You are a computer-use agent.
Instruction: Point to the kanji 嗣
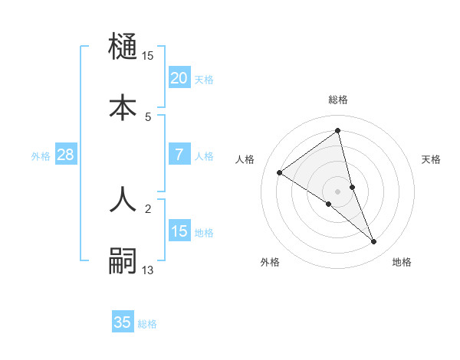point(123,260)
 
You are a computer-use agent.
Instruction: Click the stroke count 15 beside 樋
point(148,55)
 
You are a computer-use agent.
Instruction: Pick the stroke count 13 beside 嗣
point(148,270)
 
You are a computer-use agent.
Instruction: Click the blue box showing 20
point(179,77)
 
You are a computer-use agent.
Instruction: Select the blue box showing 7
point(179,154)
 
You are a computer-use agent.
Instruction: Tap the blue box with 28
point(65,155)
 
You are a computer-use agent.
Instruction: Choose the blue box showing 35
point(123,322)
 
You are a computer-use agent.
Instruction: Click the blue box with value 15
point(179,231)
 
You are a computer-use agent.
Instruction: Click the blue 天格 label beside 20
point(204,79)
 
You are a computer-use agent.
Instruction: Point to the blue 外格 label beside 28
point(41,156)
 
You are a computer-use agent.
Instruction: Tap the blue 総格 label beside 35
point(147,324)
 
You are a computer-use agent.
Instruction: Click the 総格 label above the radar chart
point(338,100)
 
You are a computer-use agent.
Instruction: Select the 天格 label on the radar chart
point(432,159)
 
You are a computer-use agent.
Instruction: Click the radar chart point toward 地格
point(374,242)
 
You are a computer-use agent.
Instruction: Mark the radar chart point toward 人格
point(280,172)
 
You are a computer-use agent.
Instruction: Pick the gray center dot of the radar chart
point(338,191)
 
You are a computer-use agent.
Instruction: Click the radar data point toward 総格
point(338,130)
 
